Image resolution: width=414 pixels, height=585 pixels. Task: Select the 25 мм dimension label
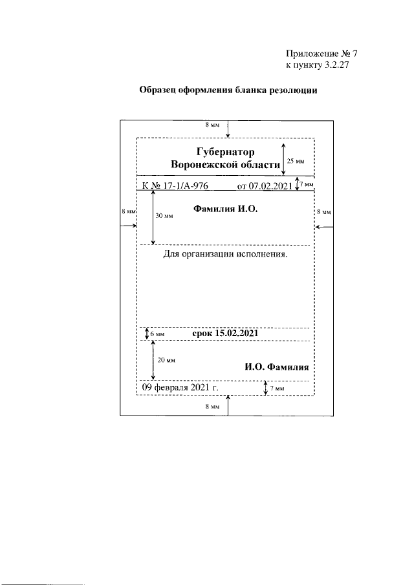(296, 160)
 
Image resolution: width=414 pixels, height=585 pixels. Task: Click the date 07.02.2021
(265, 187)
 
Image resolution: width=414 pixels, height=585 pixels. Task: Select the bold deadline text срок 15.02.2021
(226, 334)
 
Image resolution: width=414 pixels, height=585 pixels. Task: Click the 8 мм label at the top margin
(212, 124)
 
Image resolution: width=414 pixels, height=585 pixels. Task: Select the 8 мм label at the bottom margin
(212, 407)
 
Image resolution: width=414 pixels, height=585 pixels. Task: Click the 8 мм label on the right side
(323, 211)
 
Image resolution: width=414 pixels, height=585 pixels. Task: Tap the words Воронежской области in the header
(226, 166)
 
